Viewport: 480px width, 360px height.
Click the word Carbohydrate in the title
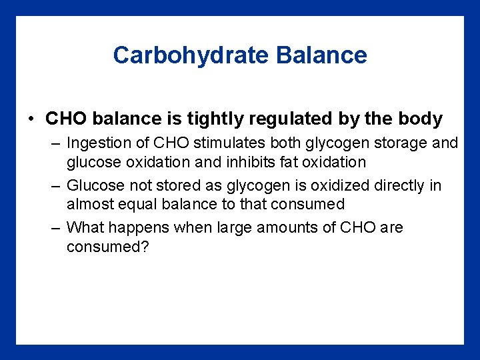click(191, 55)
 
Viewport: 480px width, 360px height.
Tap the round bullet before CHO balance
click(32, 120)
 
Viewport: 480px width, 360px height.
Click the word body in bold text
click(421, 119)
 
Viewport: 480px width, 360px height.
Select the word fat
click(280, 162)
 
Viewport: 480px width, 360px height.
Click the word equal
click(137, 204)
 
